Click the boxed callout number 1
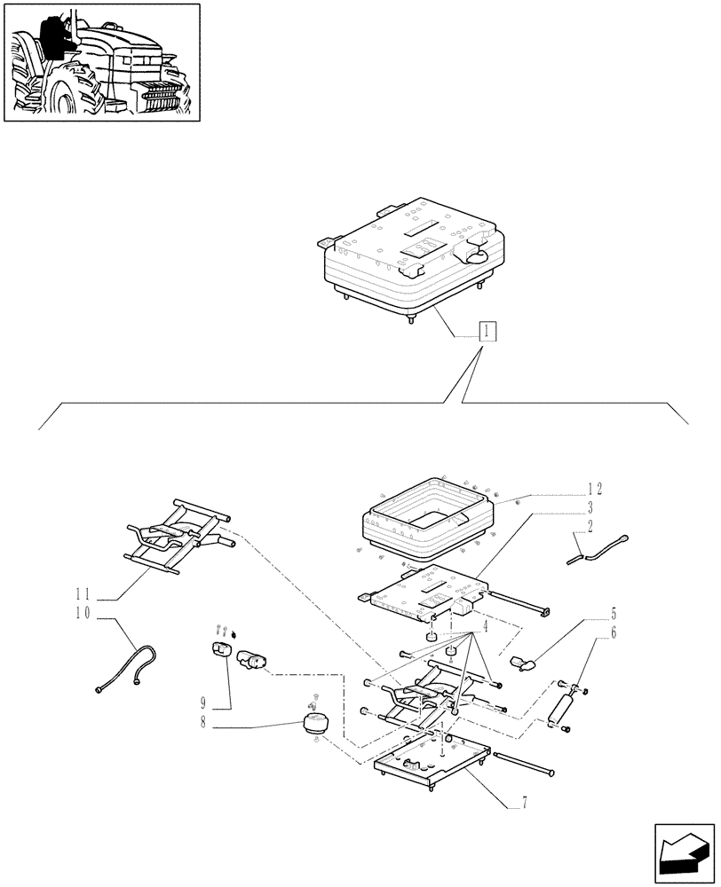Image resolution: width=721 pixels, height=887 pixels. (487, 332)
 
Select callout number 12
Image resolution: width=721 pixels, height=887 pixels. (594, 489)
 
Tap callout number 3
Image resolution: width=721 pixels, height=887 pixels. (589, 507)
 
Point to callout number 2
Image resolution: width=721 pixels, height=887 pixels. (589, 526)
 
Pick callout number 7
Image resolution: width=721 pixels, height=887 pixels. (525, 804)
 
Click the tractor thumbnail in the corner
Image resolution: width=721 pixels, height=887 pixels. (101, 63)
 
